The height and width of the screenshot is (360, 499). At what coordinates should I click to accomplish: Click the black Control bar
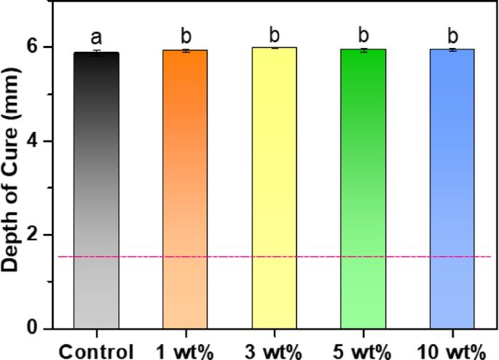point(96,189)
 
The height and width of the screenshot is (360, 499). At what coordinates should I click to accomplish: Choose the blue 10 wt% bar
point(452,189)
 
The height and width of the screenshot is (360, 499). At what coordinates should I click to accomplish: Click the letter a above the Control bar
point(96,36)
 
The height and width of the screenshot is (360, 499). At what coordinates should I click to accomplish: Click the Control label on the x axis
point(96,348)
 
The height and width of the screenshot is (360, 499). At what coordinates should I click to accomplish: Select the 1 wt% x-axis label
point(185,348)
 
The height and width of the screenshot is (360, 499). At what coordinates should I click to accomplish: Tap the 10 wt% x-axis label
point(452,348)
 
